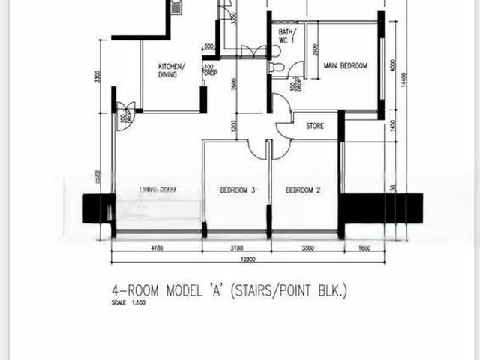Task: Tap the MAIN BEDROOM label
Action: coord(345,66)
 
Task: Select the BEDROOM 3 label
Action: coord(238,191)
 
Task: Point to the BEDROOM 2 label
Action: coord(303,191)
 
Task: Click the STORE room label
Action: coord(315,126)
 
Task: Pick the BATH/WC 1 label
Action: coord(286,36)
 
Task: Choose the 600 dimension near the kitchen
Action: coord(208,46)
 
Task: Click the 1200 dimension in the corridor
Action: coord(234,125)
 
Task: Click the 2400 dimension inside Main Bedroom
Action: coord(315,49)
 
